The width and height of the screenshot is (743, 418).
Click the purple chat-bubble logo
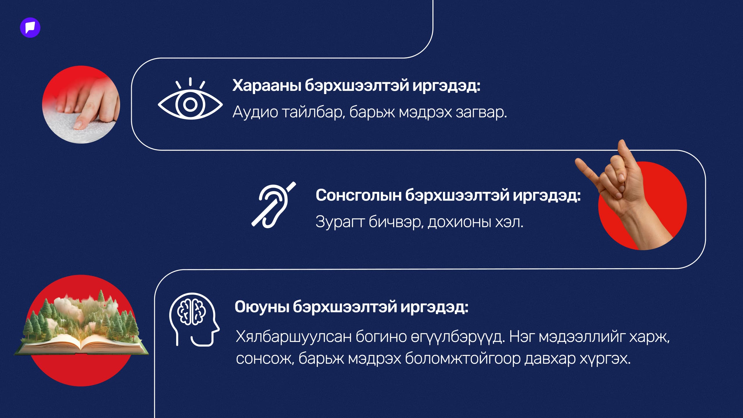(x=30, y=28)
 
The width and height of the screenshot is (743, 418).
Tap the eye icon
(x=190, y=104)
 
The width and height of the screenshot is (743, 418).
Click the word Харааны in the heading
(x=266, y=86)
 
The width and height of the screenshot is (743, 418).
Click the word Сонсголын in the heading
(x=358, y=195)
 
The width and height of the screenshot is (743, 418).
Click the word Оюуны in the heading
(x=262, y=307)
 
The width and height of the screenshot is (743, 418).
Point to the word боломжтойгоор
(x=463, y=359)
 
